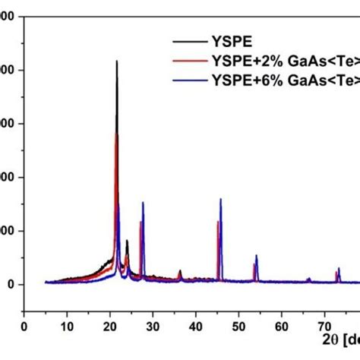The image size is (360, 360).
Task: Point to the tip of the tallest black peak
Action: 117,61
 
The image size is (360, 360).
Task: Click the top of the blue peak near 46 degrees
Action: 220,199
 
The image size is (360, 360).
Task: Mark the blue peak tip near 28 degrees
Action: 143,202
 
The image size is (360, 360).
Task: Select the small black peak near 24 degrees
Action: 127,241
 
